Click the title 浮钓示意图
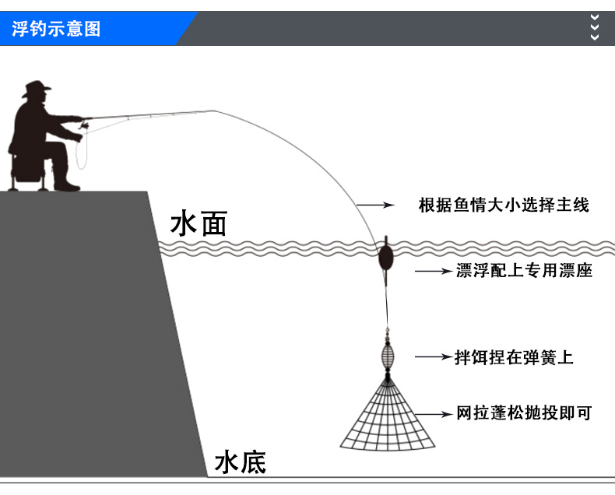click(x=56, y=30)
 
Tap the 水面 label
click(x=199, y=224)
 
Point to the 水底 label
click(x=241, y=462)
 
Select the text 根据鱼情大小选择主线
click(x=504, y=205)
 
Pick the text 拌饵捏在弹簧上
click(x=514, y=357)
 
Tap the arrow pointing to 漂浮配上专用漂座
click(x=432, y=271)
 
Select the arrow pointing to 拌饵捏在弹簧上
click(x=432, y=357)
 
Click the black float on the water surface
click(x=384, y=256)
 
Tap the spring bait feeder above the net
click(x=387, y=355)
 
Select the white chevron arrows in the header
click(x=596, y=26)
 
